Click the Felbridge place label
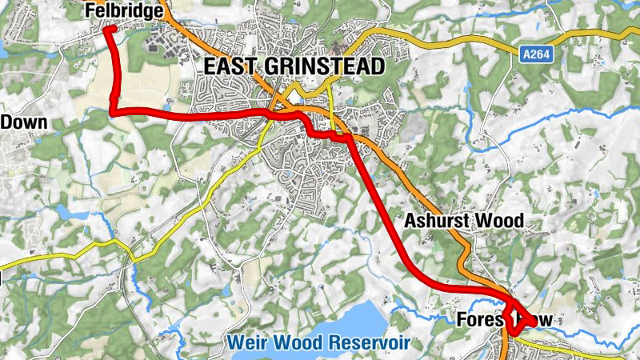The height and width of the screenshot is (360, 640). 125,10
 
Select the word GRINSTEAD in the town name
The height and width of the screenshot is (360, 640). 328,67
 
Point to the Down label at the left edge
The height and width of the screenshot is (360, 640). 24,122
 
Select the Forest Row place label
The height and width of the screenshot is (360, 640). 504,320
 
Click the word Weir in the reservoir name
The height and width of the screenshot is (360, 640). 245,343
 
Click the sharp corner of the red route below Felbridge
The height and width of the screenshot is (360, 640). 112,113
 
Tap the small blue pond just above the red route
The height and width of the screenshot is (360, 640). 167,105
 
